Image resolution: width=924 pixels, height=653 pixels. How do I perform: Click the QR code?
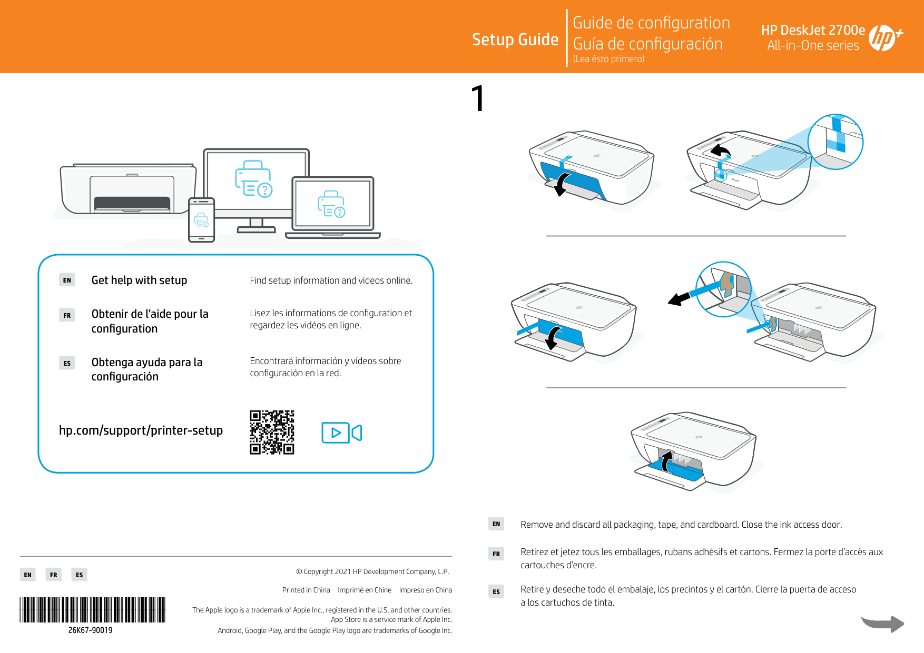coord(272,432)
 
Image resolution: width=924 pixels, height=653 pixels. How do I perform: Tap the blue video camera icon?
coord(341,433)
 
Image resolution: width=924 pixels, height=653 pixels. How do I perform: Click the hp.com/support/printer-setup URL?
coord(141,430)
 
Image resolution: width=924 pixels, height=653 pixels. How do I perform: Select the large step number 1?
coord(478,98)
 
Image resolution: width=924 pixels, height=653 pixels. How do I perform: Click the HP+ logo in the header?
coord(884,38)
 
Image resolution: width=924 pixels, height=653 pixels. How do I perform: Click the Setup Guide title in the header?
coord(515,39)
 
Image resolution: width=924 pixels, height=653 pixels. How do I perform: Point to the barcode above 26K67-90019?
coord(93,610)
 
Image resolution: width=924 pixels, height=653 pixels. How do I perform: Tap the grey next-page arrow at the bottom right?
coord(883,624)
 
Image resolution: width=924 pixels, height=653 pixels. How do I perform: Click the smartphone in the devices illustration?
coord(201,220)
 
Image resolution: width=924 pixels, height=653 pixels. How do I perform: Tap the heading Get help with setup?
coord(139,280)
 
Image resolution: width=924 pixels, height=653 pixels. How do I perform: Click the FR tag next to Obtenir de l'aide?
coord(67,315)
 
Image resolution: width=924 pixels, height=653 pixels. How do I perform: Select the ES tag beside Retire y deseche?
coord(496,591)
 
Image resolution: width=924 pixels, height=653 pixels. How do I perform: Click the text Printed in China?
coord(306,590)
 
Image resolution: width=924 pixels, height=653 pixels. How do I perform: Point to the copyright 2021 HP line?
coord(372,571)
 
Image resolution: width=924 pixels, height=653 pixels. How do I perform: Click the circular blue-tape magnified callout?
coord(835,142)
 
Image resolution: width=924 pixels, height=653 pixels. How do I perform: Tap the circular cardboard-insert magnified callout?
coord(723,289)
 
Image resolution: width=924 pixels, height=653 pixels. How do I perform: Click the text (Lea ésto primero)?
coord(608,59)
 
